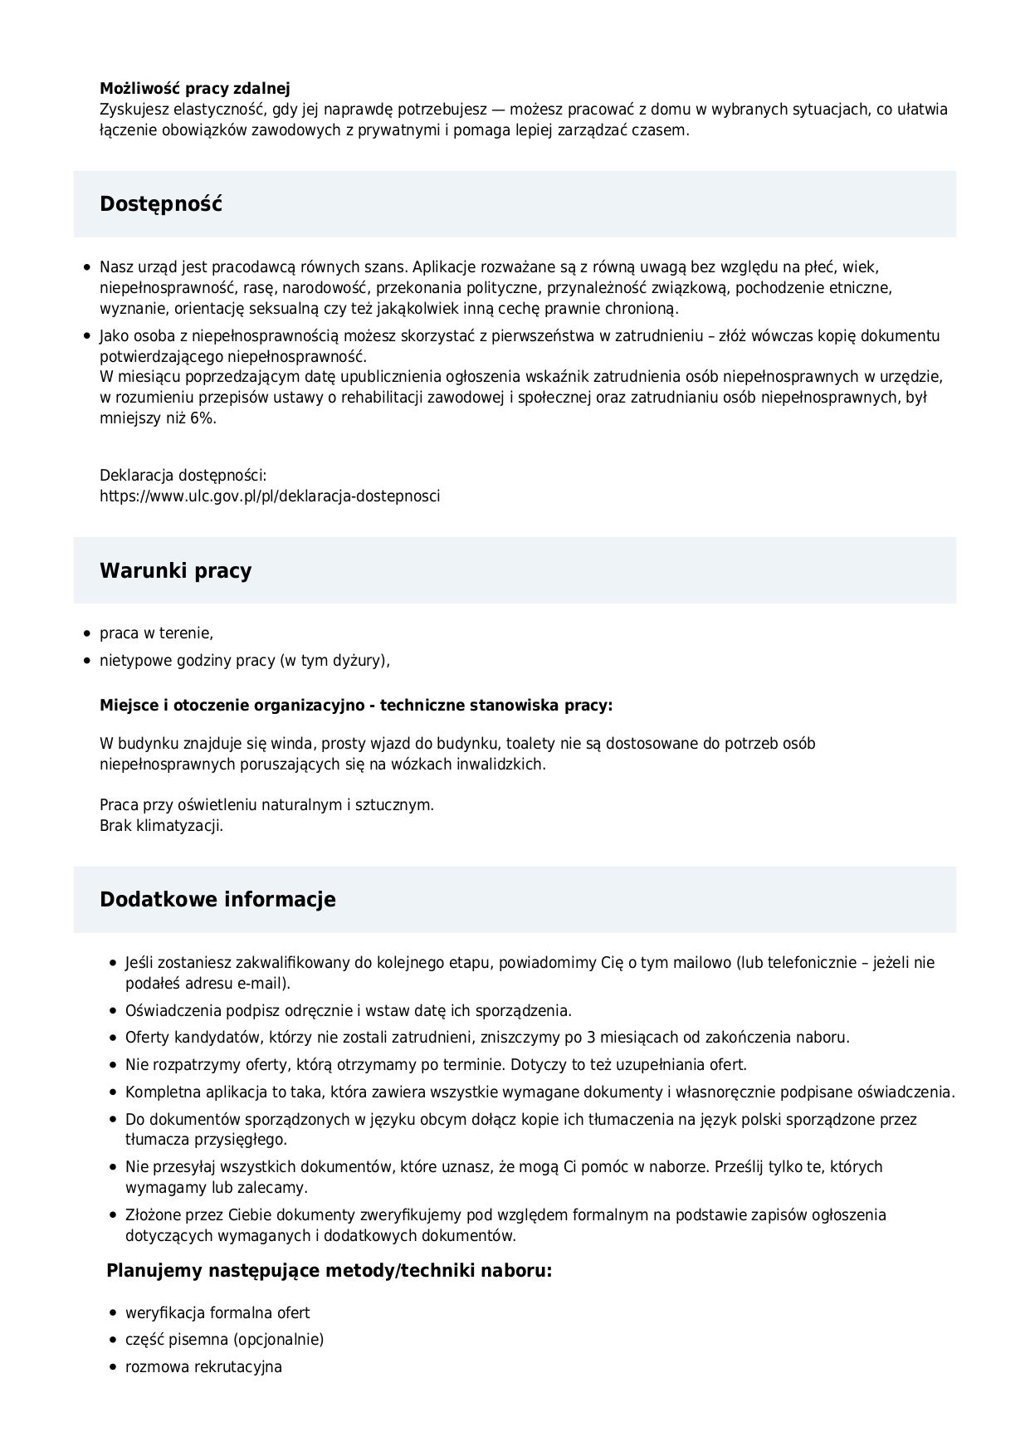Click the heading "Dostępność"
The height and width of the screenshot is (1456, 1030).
(x=161, y=204)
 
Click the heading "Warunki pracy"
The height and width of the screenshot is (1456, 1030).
(x=175, y=570)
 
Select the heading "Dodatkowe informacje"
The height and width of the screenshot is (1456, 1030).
(x=217, y=900)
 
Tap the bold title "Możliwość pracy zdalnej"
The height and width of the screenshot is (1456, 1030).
(x=194, y=88)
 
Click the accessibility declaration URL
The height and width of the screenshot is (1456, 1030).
(x=270, y=496)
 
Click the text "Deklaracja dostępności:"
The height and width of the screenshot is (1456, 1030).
(x=183, y=476)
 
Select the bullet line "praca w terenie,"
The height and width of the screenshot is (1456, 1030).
(x=156, y=633)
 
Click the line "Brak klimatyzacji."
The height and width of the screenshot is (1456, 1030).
(x=161, y=826)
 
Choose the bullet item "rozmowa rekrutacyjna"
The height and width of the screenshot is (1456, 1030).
(x=203, y=1366)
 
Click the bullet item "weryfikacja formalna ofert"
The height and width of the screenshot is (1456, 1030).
(x=217, y=1312)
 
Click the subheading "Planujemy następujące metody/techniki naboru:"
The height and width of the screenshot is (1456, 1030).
(x=329, y=1271)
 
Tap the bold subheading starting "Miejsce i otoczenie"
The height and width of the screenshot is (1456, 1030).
(x=356, y=706)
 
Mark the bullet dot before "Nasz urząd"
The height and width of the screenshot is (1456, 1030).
(x=86, y=267)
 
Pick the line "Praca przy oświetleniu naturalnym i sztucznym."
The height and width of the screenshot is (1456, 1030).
(x=266, y=805)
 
